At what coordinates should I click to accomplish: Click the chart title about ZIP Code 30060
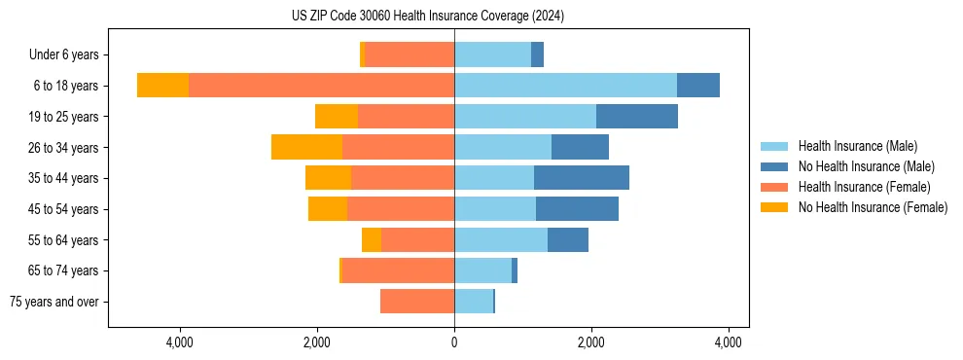tap(428, 16)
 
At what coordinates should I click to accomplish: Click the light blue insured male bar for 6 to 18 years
tap(565, 86)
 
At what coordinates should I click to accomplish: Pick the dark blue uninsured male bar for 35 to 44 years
tap(581, 178)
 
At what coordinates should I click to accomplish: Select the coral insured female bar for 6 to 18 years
tap(321, 86)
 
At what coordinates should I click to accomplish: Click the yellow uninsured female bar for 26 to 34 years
tap(306, 147)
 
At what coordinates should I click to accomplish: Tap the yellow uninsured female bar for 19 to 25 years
tap(337, 117)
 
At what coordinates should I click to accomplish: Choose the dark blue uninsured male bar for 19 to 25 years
tap(636, 117)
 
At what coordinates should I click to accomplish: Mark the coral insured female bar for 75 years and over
tap(417, 302)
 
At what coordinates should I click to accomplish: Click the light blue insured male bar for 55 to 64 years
tap(501, 239)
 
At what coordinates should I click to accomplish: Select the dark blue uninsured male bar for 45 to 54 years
tap(577, 209)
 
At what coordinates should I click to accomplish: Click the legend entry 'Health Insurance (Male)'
tap(857, 146)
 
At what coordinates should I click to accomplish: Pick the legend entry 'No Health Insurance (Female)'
tap(873, 207)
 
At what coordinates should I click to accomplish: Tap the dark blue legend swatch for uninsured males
tap(774, 166)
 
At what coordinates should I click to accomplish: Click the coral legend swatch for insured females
tap(774, 187)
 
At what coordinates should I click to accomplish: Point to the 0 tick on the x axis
tap(454, 342)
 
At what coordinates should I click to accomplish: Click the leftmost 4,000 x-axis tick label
tap(180, 342)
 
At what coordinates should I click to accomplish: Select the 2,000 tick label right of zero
tap(591, 342)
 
